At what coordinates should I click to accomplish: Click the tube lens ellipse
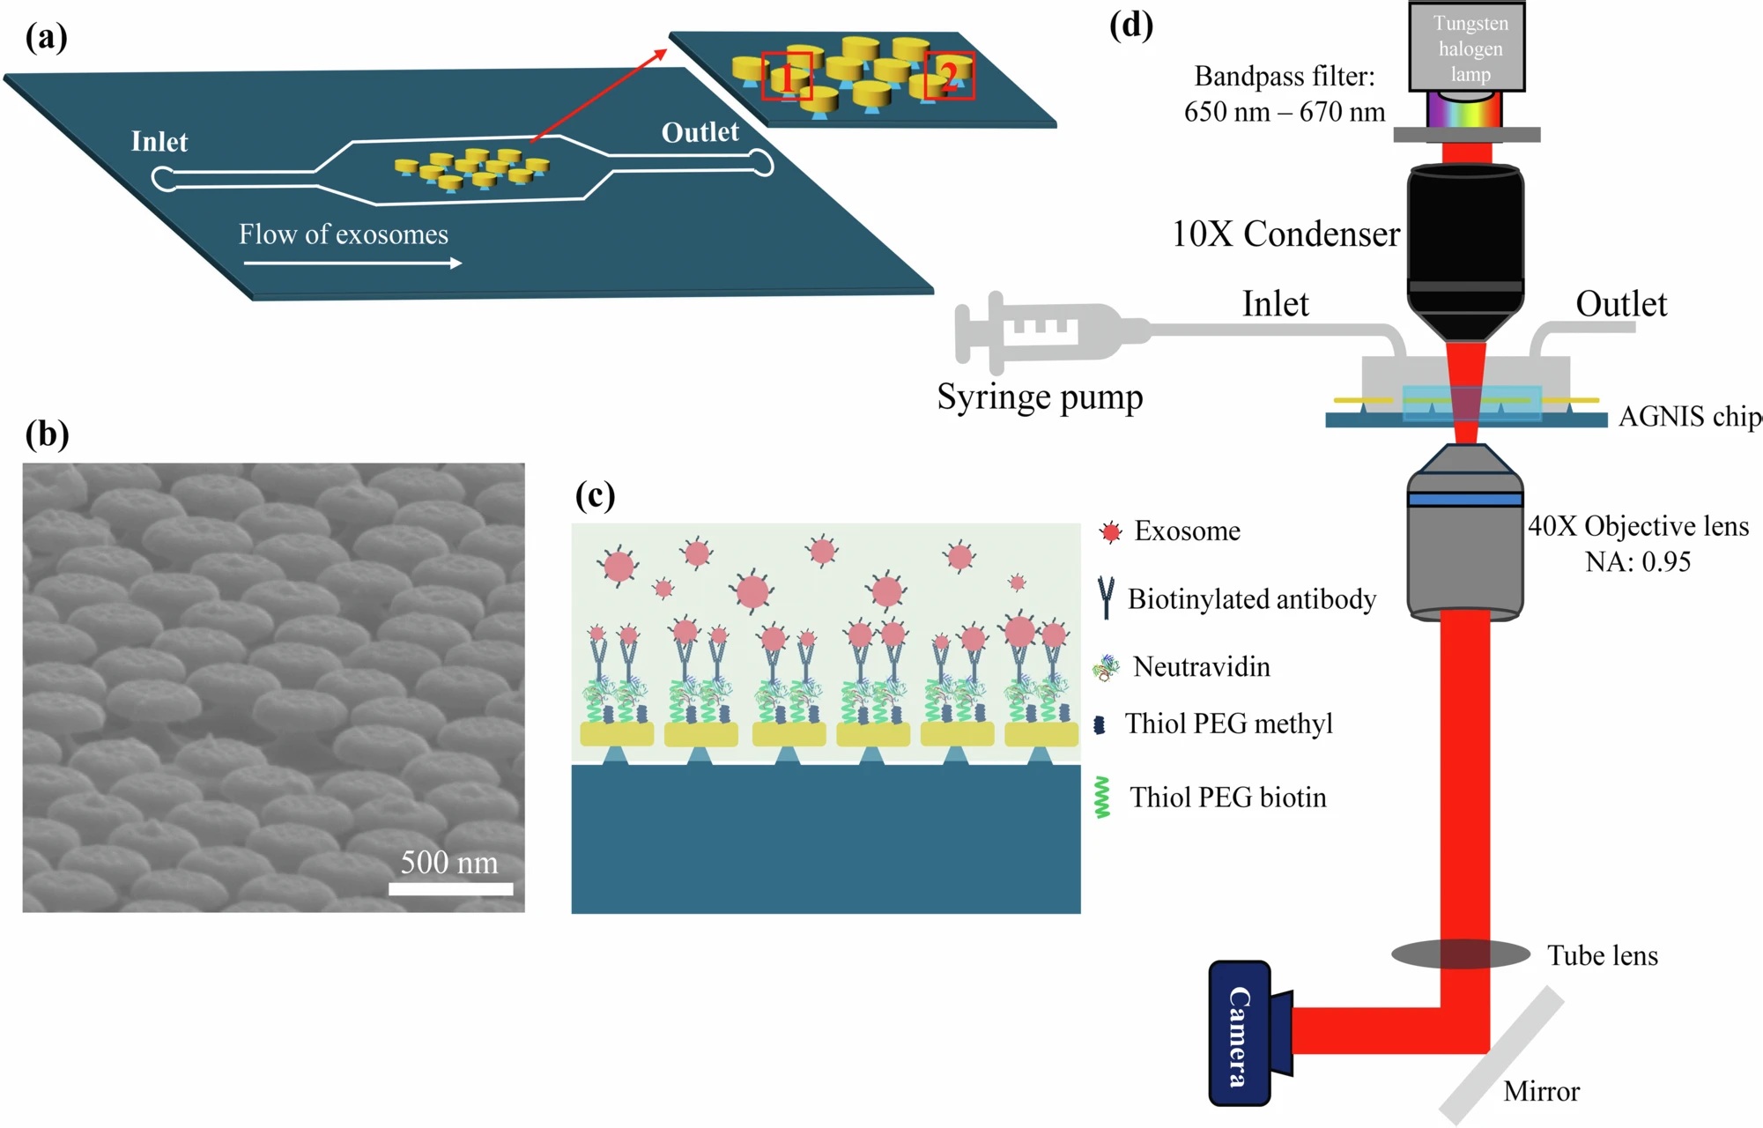pyautogui.click(x=1460, y=954)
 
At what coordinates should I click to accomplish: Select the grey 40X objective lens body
pyautogui.click(x=1464, y=546)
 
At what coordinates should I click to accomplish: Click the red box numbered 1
pyautogui.click(x=786, y=76)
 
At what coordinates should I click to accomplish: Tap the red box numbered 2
pyautogui.click(x=949, y=75)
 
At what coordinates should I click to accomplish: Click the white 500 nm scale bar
pyautogui.click(x=450, y=888)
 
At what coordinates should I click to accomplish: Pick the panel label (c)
pyautogui.click(x=595, y=495)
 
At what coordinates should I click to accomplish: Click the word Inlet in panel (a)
pyautogui.click(x=159, y=142)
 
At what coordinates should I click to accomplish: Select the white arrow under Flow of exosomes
pyautogui.click(x=352, y=263)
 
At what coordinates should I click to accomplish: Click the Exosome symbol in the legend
pyautogui.click(x=1111, y=531)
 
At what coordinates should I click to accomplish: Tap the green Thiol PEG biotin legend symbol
pyautogui.click(x=1101, y=798)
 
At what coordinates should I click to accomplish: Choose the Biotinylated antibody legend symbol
pyautogui.click(x=1107, y=598)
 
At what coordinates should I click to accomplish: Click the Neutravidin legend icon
pyautogui.click(x=1106, y=668)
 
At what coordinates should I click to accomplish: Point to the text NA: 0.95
pyautogui.click(x=1637, y=562)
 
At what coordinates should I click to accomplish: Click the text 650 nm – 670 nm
pyautogui.click(x=1284, y=112)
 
